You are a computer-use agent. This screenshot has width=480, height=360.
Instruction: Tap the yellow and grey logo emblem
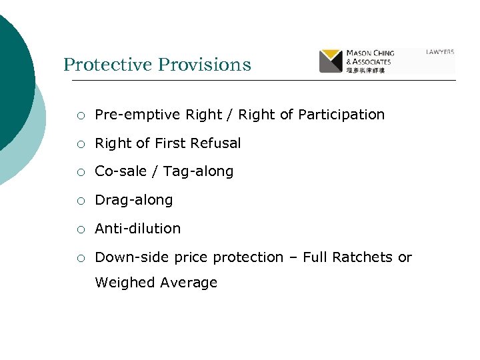click(331, 61)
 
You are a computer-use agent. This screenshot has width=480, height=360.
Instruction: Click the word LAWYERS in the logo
click(441, 51)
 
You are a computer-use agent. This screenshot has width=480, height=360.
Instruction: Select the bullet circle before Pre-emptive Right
click(80, 115)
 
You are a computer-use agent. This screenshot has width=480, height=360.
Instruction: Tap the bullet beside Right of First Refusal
click(80, 144)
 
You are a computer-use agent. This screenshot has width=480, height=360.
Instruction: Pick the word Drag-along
click(134, 200)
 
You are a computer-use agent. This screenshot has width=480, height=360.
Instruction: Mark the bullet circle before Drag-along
click(80, 201)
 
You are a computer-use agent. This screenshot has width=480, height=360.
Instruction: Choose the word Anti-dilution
click(138, 228)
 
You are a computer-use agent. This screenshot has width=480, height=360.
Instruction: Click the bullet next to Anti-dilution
click(80, 229)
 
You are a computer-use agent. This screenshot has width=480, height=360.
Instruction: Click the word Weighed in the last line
click(125, 283)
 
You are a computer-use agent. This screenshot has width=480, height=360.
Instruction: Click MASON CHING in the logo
click(370, 53)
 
